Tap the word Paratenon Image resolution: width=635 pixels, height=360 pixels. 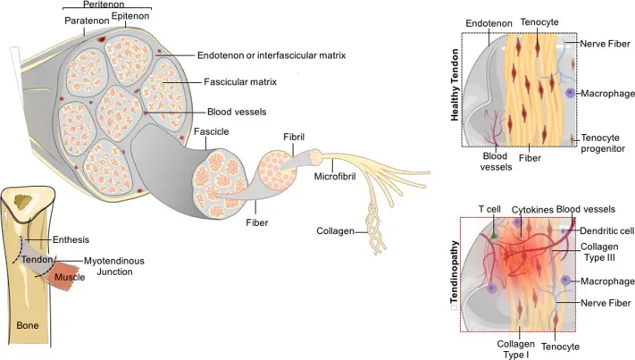[x=87, y=20]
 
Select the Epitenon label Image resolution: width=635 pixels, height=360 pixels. [x=130, y=15]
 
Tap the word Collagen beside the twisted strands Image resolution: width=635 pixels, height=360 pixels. [x=336, y=230]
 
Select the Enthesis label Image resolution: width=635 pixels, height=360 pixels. [x=71, y=239]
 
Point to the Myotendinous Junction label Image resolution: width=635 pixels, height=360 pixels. [x=114, y=265]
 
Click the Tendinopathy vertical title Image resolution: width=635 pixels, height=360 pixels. [x=455, y=275]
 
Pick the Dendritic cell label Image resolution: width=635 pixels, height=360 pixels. [x=606, y=230]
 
